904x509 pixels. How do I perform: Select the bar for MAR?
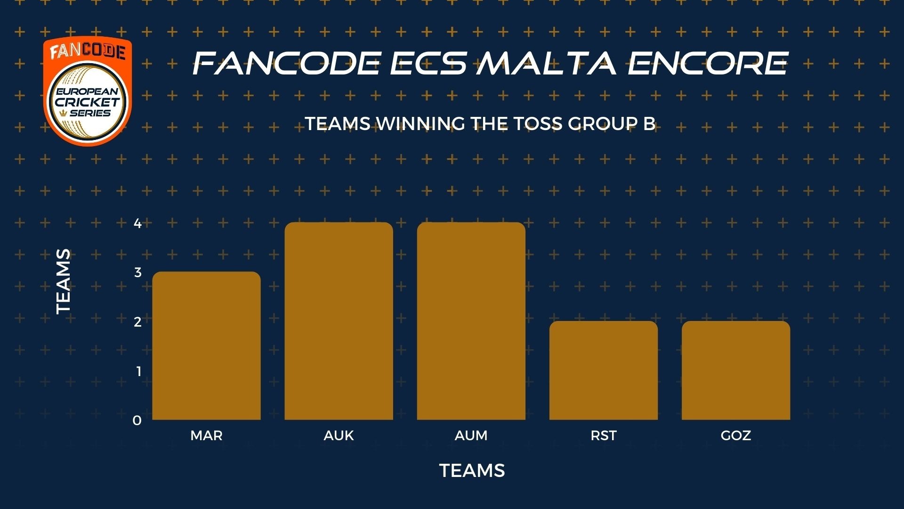pyautogui.click(x=206, y=345)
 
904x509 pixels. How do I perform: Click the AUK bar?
pyautogui.click(x=339, y=321)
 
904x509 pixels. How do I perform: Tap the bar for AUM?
pyautogui.click(x=471, y=321)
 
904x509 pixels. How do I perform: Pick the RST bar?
pyautogui.click(x=604, y=370)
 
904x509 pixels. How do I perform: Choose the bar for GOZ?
pyautogui.click(x=736, y=370)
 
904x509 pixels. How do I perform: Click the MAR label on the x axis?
pyautogui.click(x=206, y=435)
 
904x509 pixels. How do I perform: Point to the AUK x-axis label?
pyautogui.click(x=339, y=435)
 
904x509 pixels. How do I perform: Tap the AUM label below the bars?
pyautogui.click(x=471, y=435)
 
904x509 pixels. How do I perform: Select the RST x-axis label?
pyautogui.click(x=604, y=435)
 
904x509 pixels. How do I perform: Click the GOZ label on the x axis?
pyautogui.click(x=736, y=435)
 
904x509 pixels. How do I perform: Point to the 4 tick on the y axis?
pyautogui.click(x=137, y=223)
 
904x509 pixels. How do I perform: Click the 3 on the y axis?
pyautogui.click(x=137, y=272)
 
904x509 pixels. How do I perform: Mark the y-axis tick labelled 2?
pyautogui.click(x=137, y=322)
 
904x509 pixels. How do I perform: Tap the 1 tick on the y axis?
pyautogui.click(x=138, y=371)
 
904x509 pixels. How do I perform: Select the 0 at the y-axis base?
pyautogui.click(x=137, y=420)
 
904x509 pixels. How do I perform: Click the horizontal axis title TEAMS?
pyautogui.click(x=472, y=470)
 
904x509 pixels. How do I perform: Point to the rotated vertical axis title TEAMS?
pyautogui.click(x=63, y=281)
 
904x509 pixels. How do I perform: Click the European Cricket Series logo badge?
pyautogui.click(x=88, y=91)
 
